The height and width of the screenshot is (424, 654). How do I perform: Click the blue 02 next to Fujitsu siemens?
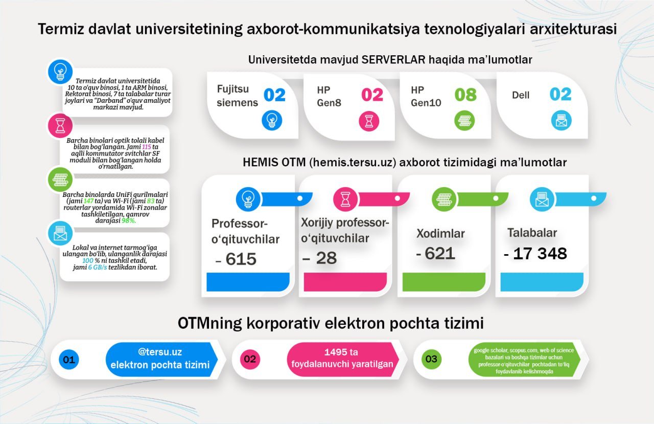[x=274, y=95]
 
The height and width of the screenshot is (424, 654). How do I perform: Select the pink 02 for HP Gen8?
[x=372, y=95]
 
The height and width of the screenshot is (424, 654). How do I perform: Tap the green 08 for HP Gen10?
[x=465, y=95]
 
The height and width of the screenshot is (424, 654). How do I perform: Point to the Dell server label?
[x=521, y=95]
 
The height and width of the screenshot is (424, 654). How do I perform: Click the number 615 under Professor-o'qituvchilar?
[x=241, y=259]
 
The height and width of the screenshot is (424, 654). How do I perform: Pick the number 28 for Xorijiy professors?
[x=326, y=258]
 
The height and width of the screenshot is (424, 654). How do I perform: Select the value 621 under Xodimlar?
[x=440, y=253]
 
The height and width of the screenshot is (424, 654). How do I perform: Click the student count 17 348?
[x=540, y=253]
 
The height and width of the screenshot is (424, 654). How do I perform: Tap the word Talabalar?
[x=532, y=233]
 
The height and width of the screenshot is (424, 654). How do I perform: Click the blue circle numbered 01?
[x=69, y=360]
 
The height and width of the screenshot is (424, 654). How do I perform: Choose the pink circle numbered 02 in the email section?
[x=250, y=359]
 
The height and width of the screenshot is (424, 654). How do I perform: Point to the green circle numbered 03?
[x=432, y=359]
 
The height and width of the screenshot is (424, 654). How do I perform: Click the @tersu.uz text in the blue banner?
[x=160, y=352]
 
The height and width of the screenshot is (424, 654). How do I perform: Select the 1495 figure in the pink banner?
[x=333, y=352]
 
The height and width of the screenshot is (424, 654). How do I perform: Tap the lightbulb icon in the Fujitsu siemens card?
[x=272, y=120]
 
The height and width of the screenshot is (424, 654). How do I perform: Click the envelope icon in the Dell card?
[x=561, y=121]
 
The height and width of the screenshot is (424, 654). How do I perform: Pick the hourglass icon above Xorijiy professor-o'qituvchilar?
[x=345, y=199]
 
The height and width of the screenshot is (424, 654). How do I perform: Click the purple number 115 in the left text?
[x=147, y=147]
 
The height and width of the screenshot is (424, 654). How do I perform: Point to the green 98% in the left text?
[x=128, y=220]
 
